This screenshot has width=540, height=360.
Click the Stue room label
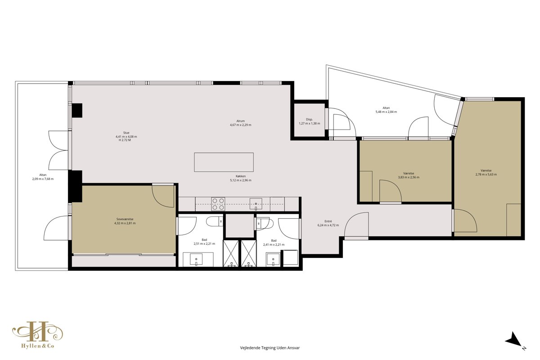click(x=126, y=133)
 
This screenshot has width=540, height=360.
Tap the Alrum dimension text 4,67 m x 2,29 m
click(x=241, y=125)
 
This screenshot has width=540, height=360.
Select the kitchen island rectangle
click(x=224, y=162)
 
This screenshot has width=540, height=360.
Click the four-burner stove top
click(x=218, y=204)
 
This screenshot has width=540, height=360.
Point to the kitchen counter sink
click(x=256, y=204)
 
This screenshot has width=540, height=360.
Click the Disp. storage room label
click(x=309, y=119)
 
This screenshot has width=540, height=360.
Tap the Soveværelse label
click(x=125, y=219)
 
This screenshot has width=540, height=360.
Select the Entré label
click(x=328, y=221)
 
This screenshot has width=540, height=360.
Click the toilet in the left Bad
click(x=215, y=221)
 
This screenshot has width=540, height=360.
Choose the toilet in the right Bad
click(x=265, y=223)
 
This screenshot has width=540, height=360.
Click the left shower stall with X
click(x=231, y=253)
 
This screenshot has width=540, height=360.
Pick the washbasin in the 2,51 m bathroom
click(x=196, y=259)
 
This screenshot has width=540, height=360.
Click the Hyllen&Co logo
click(x=38, y=335)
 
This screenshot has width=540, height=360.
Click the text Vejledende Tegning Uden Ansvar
click(x=270, y=348)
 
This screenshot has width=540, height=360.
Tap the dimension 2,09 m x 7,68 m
click(x=43, y=179)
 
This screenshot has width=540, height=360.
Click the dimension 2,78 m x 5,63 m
click(x=486, y=174)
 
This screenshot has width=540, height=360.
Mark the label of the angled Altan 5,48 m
click(x=386, y=108)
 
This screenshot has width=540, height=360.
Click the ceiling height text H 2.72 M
click(x=125, y=140)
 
